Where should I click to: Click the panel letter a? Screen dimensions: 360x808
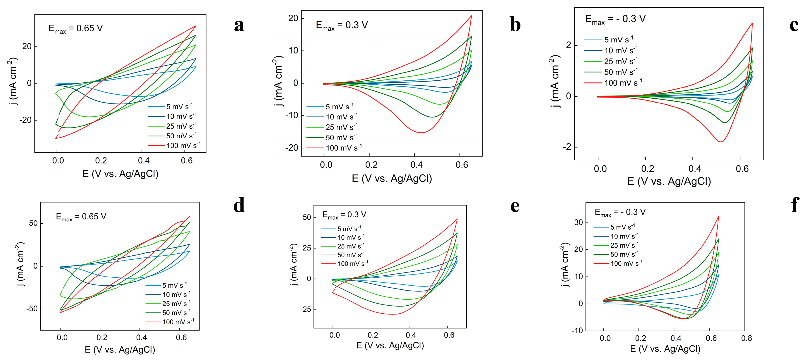(x=239, y=26)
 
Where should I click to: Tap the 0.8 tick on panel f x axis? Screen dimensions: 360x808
(x=746, y=338)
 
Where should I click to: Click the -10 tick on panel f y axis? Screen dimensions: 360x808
(x=577, y=330)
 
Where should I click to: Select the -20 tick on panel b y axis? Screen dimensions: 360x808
(x=291, y=148)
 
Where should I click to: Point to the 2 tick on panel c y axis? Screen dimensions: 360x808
(x=568, y=45)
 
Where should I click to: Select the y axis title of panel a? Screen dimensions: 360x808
(x=12, y=82)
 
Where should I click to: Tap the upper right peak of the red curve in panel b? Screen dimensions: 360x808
(x=471, y=16)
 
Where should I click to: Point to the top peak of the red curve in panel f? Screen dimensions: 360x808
(x=718, y=216)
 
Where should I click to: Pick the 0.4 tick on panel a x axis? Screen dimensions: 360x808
(x=143, y=161)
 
